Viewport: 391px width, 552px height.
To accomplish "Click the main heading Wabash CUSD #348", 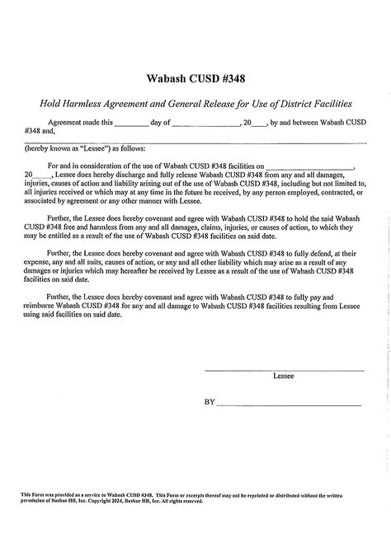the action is click(x=195, y=78).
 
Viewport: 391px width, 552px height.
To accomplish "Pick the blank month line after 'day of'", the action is click(x=205, y=122).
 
